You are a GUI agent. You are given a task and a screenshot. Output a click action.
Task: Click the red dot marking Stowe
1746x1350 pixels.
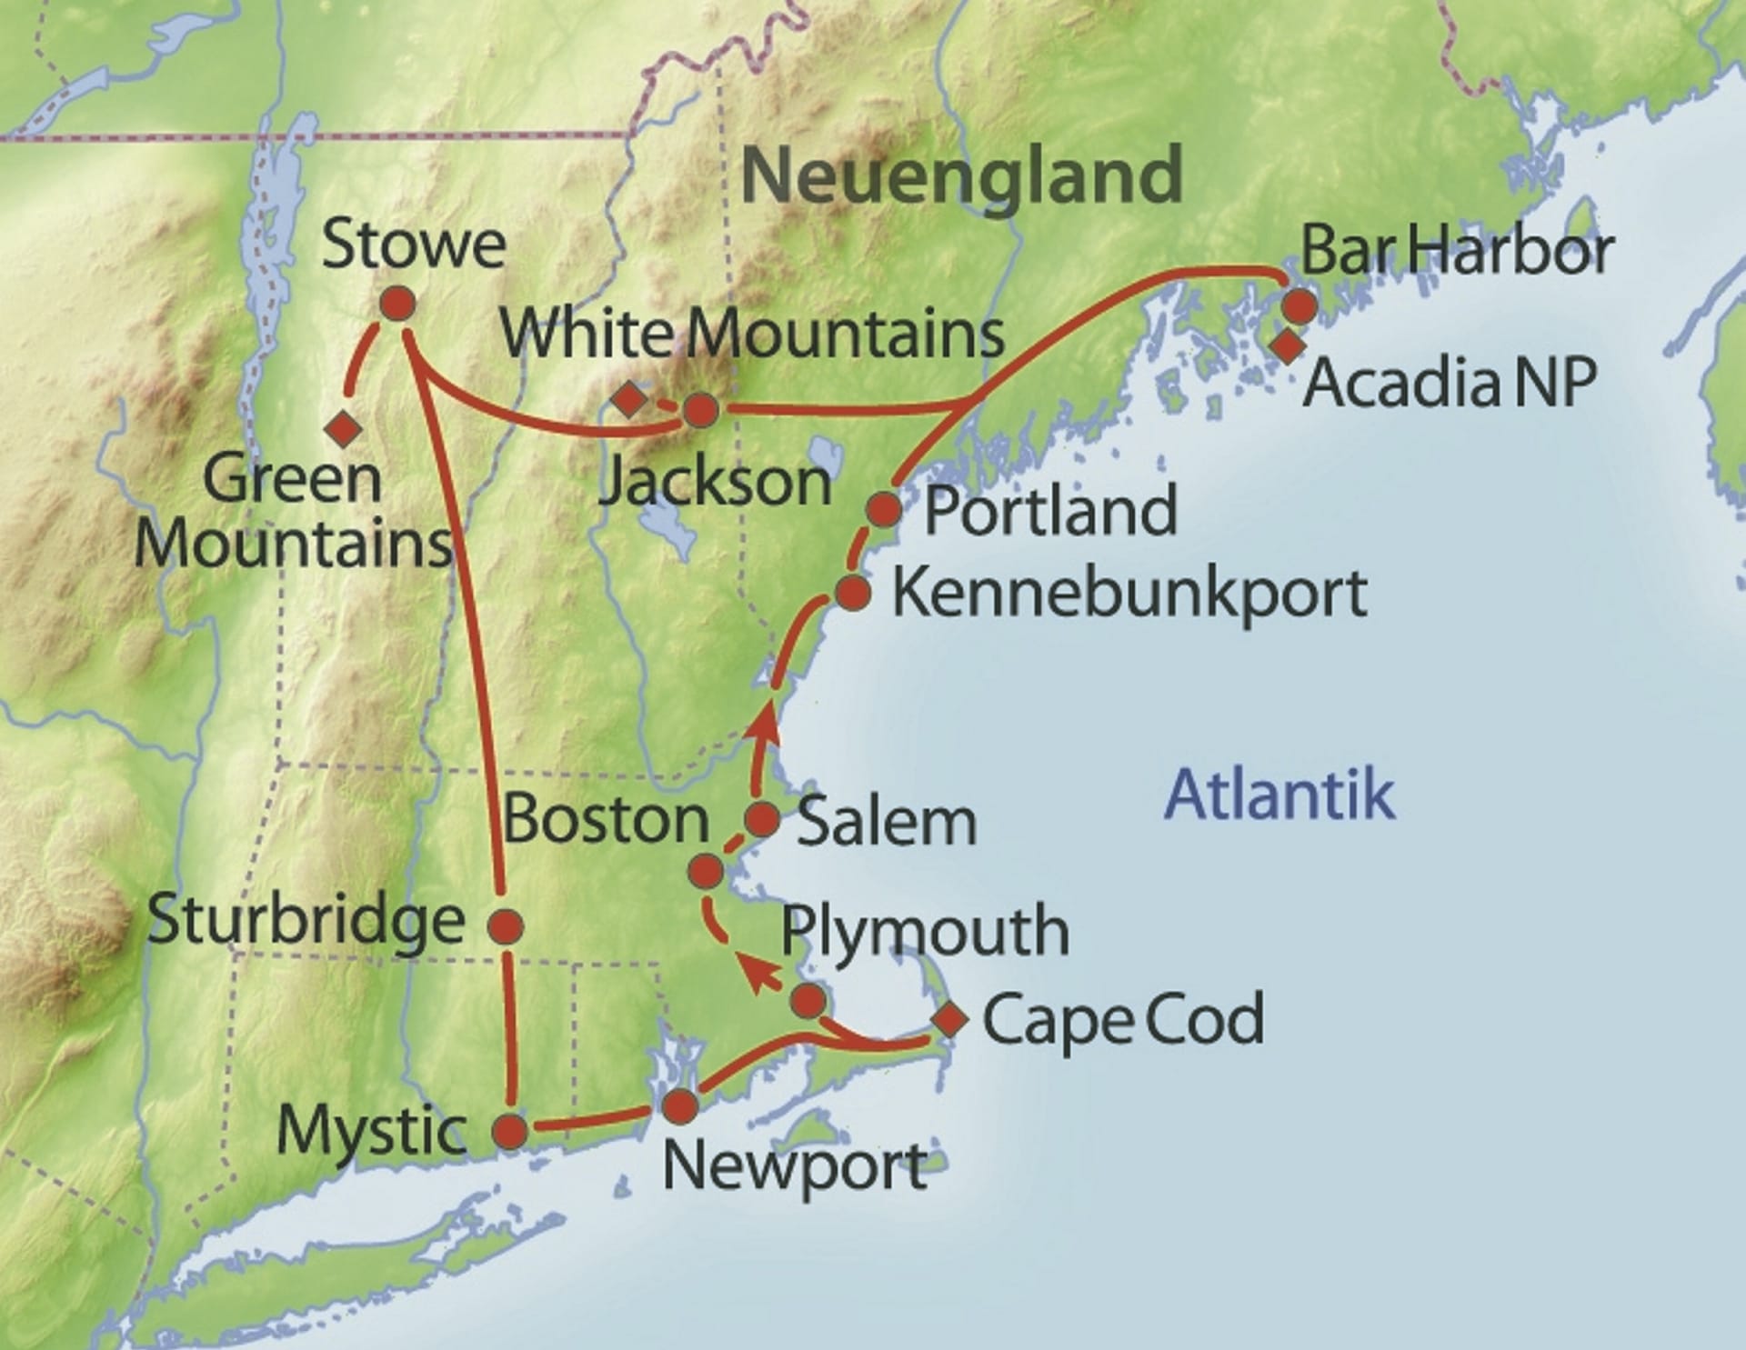click(x=396, y=304)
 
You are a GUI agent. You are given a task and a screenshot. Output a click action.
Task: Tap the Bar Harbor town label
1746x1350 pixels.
click(x=1457, y=250)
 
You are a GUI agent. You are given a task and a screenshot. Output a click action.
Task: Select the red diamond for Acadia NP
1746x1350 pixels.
click(x=1287, y=345)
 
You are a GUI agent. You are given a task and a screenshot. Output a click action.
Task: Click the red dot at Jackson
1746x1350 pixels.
click(x=699, y=410)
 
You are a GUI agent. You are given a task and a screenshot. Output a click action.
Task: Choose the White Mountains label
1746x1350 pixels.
click(x=753, y=335)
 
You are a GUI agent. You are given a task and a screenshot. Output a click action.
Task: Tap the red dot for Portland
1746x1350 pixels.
click(x=883, y=510)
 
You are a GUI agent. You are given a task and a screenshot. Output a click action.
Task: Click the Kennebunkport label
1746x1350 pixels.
click(x=1129, y=594)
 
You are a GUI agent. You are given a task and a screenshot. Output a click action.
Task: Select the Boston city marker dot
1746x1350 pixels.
click(x=706, y=872)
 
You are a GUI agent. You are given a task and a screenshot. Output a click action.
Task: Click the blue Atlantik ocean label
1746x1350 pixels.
click(x=1279, y=794)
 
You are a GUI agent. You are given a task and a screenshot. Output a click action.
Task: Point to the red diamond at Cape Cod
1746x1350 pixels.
click(x=949, y=1019)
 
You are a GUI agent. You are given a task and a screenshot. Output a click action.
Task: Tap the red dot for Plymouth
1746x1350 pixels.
click(x=808, y=1001)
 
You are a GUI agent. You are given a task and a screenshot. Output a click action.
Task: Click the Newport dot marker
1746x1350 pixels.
click(x=680, y=1107)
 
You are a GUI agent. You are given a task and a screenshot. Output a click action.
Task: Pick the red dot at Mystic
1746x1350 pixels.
click(x=509, y=1132)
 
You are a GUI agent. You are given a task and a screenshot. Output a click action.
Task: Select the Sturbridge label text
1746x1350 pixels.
click(x=306, y=920)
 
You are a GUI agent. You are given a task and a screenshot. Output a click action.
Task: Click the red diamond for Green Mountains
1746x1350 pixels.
click(x=343, y=428)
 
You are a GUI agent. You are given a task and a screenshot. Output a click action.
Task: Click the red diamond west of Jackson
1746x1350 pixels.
click(x=628, y=399)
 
